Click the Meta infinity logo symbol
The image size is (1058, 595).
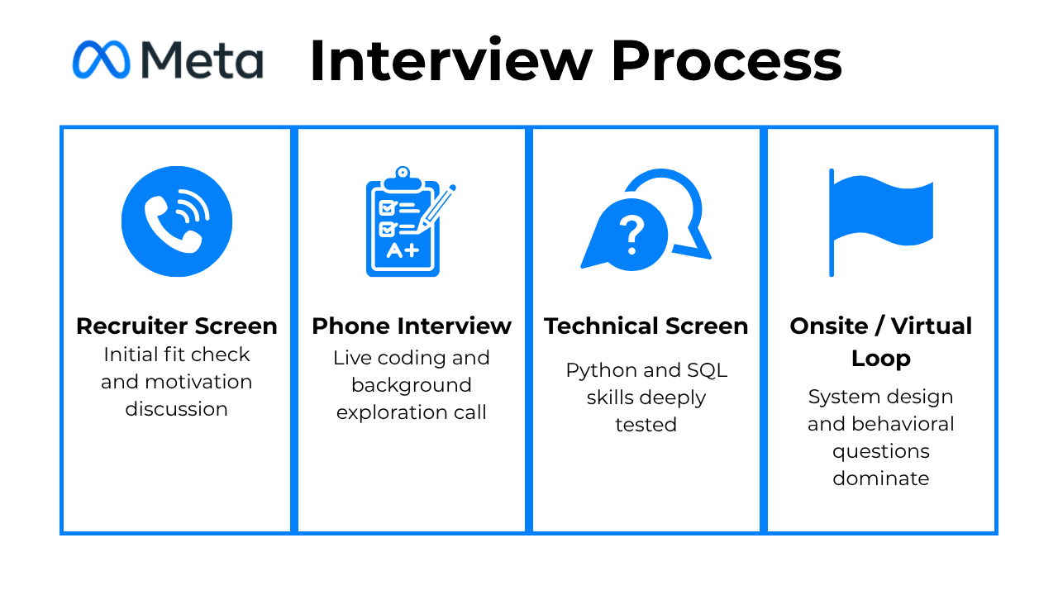tap(101, 59)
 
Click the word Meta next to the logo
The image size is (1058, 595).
tap(201, 59)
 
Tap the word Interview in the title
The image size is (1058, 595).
tap(450, 61)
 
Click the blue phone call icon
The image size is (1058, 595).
tap(177, 221)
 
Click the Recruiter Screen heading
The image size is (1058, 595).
tap(177, 326)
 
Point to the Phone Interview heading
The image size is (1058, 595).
tap(412, 326)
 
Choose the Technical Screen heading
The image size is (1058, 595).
tap(646, 326)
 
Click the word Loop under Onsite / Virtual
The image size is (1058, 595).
tap(880, 359)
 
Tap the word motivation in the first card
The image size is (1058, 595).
tap(199, 382)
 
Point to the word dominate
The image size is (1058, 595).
tap(880, 478)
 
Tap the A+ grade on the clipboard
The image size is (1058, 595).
tap(403, 250)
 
